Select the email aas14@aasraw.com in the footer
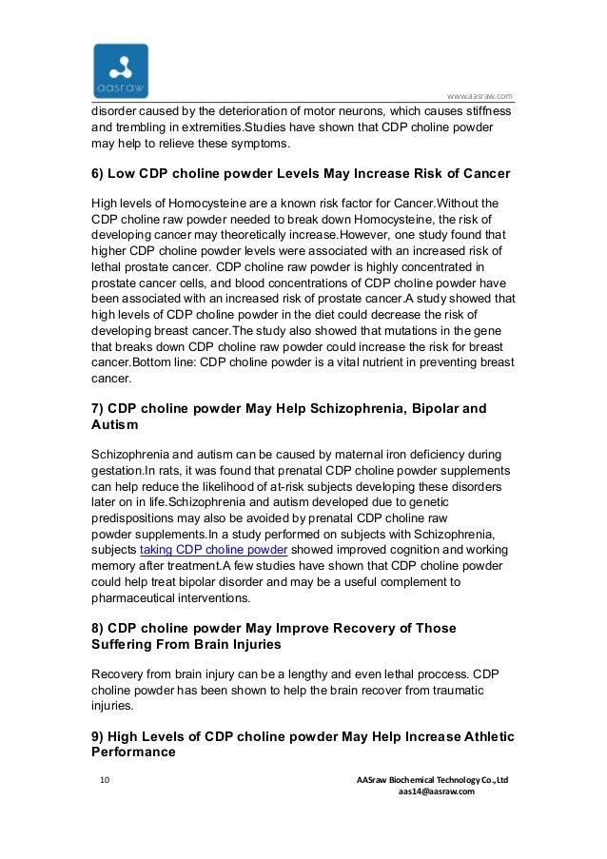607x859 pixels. click(x=436, y=792)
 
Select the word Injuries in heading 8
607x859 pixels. click(x=252, y=645)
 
